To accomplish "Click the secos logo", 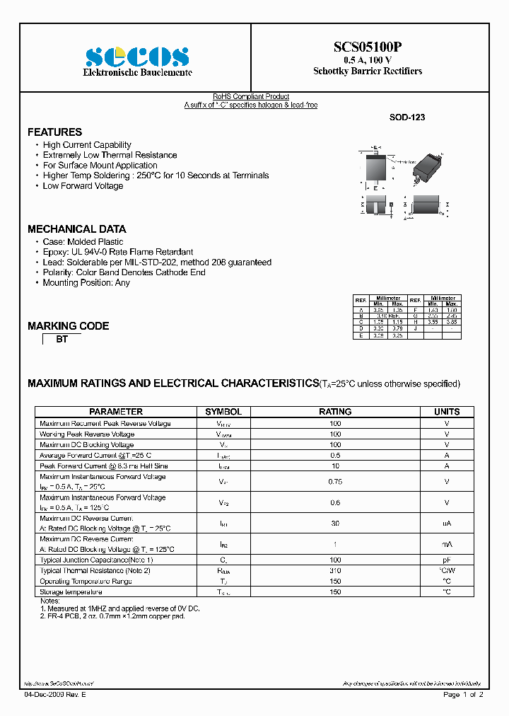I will click(137, 56).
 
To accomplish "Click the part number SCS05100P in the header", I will click(368, 47).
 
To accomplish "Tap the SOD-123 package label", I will click(407, 118).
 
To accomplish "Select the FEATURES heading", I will click(54, 132).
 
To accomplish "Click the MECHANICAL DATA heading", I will click(76, 229).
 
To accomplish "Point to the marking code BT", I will click(62, 340).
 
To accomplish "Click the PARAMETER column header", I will click(116, 412).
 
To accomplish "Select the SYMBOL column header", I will click(223, 412).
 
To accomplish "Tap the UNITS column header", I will click(447, 412).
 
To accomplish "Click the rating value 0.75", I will click(335, 482).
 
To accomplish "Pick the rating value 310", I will click(335, 570).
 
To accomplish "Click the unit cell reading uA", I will click(447, 524).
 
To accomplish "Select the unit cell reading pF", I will click(447, 560).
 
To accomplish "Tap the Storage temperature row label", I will click(71, 591).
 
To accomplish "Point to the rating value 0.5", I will click(335, 456).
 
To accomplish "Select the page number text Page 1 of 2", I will click(463, 695).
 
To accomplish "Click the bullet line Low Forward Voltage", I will click(83, 186).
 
